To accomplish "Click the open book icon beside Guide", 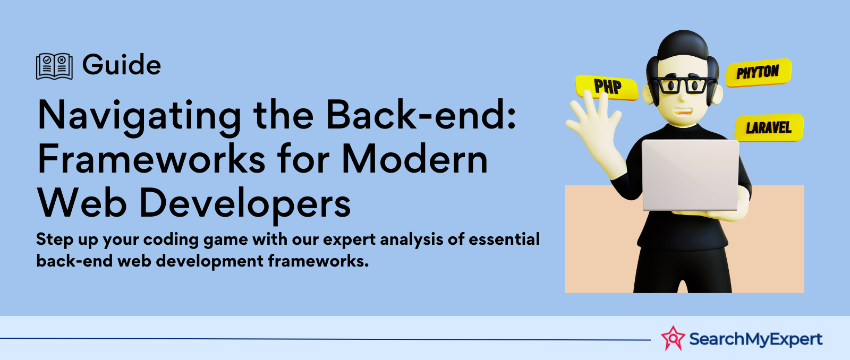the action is pos(54,66).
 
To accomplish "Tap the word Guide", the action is pos(122,64).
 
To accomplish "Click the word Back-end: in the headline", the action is pos(421,114).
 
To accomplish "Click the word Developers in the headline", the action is pos(245,205).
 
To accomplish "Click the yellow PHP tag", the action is pos(606,87).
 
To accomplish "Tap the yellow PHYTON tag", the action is pos(758,72).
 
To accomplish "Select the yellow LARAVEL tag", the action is pos(769,127).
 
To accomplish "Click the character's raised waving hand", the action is pos(594,123).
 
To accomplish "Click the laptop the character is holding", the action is pos(690,175).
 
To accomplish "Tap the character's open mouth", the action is pos(682,113).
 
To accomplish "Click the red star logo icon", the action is pos(673,338).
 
